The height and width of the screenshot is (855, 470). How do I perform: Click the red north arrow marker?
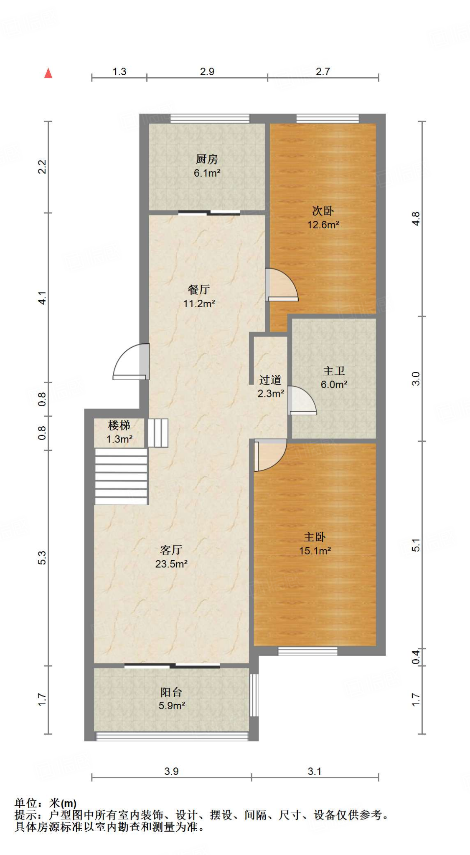click(x=48, y=73)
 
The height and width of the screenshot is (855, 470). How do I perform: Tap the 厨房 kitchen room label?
click(x=207, y=159)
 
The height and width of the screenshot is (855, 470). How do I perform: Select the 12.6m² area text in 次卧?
click(x=323, y=225)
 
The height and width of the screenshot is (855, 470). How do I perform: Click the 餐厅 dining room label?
click(x=199, y=289)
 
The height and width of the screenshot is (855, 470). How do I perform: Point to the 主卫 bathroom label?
click(x=334, y=371)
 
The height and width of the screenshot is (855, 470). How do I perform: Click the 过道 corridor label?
click(x=270, y=380)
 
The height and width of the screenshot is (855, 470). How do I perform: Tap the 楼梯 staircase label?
click(x=119, y=425)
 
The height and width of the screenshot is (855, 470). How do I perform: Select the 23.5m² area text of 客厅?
click(x=171, y=564)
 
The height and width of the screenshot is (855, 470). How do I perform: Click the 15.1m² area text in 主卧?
click(x=315, y=551)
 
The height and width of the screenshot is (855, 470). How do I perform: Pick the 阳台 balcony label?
click(x=171, y=692)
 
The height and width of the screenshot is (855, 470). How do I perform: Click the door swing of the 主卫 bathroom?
click(x=302, y=401)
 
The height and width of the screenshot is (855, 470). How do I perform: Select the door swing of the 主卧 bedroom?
click(x=270, y=455)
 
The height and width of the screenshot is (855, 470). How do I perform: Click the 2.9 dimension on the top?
click(x=207, y=71)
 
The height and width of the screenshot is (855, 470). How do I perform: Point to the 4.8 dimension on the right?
click(x=415, y=219)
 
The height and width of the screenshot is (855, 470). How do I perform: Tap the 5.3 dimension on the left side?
click(x=42, y=558)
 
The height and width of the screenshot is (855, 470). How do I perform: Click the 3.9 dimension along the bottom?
click(x=171, y=771)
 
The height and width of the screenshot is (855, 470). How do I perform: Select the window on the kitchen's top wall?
click(x=210, y=119)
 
